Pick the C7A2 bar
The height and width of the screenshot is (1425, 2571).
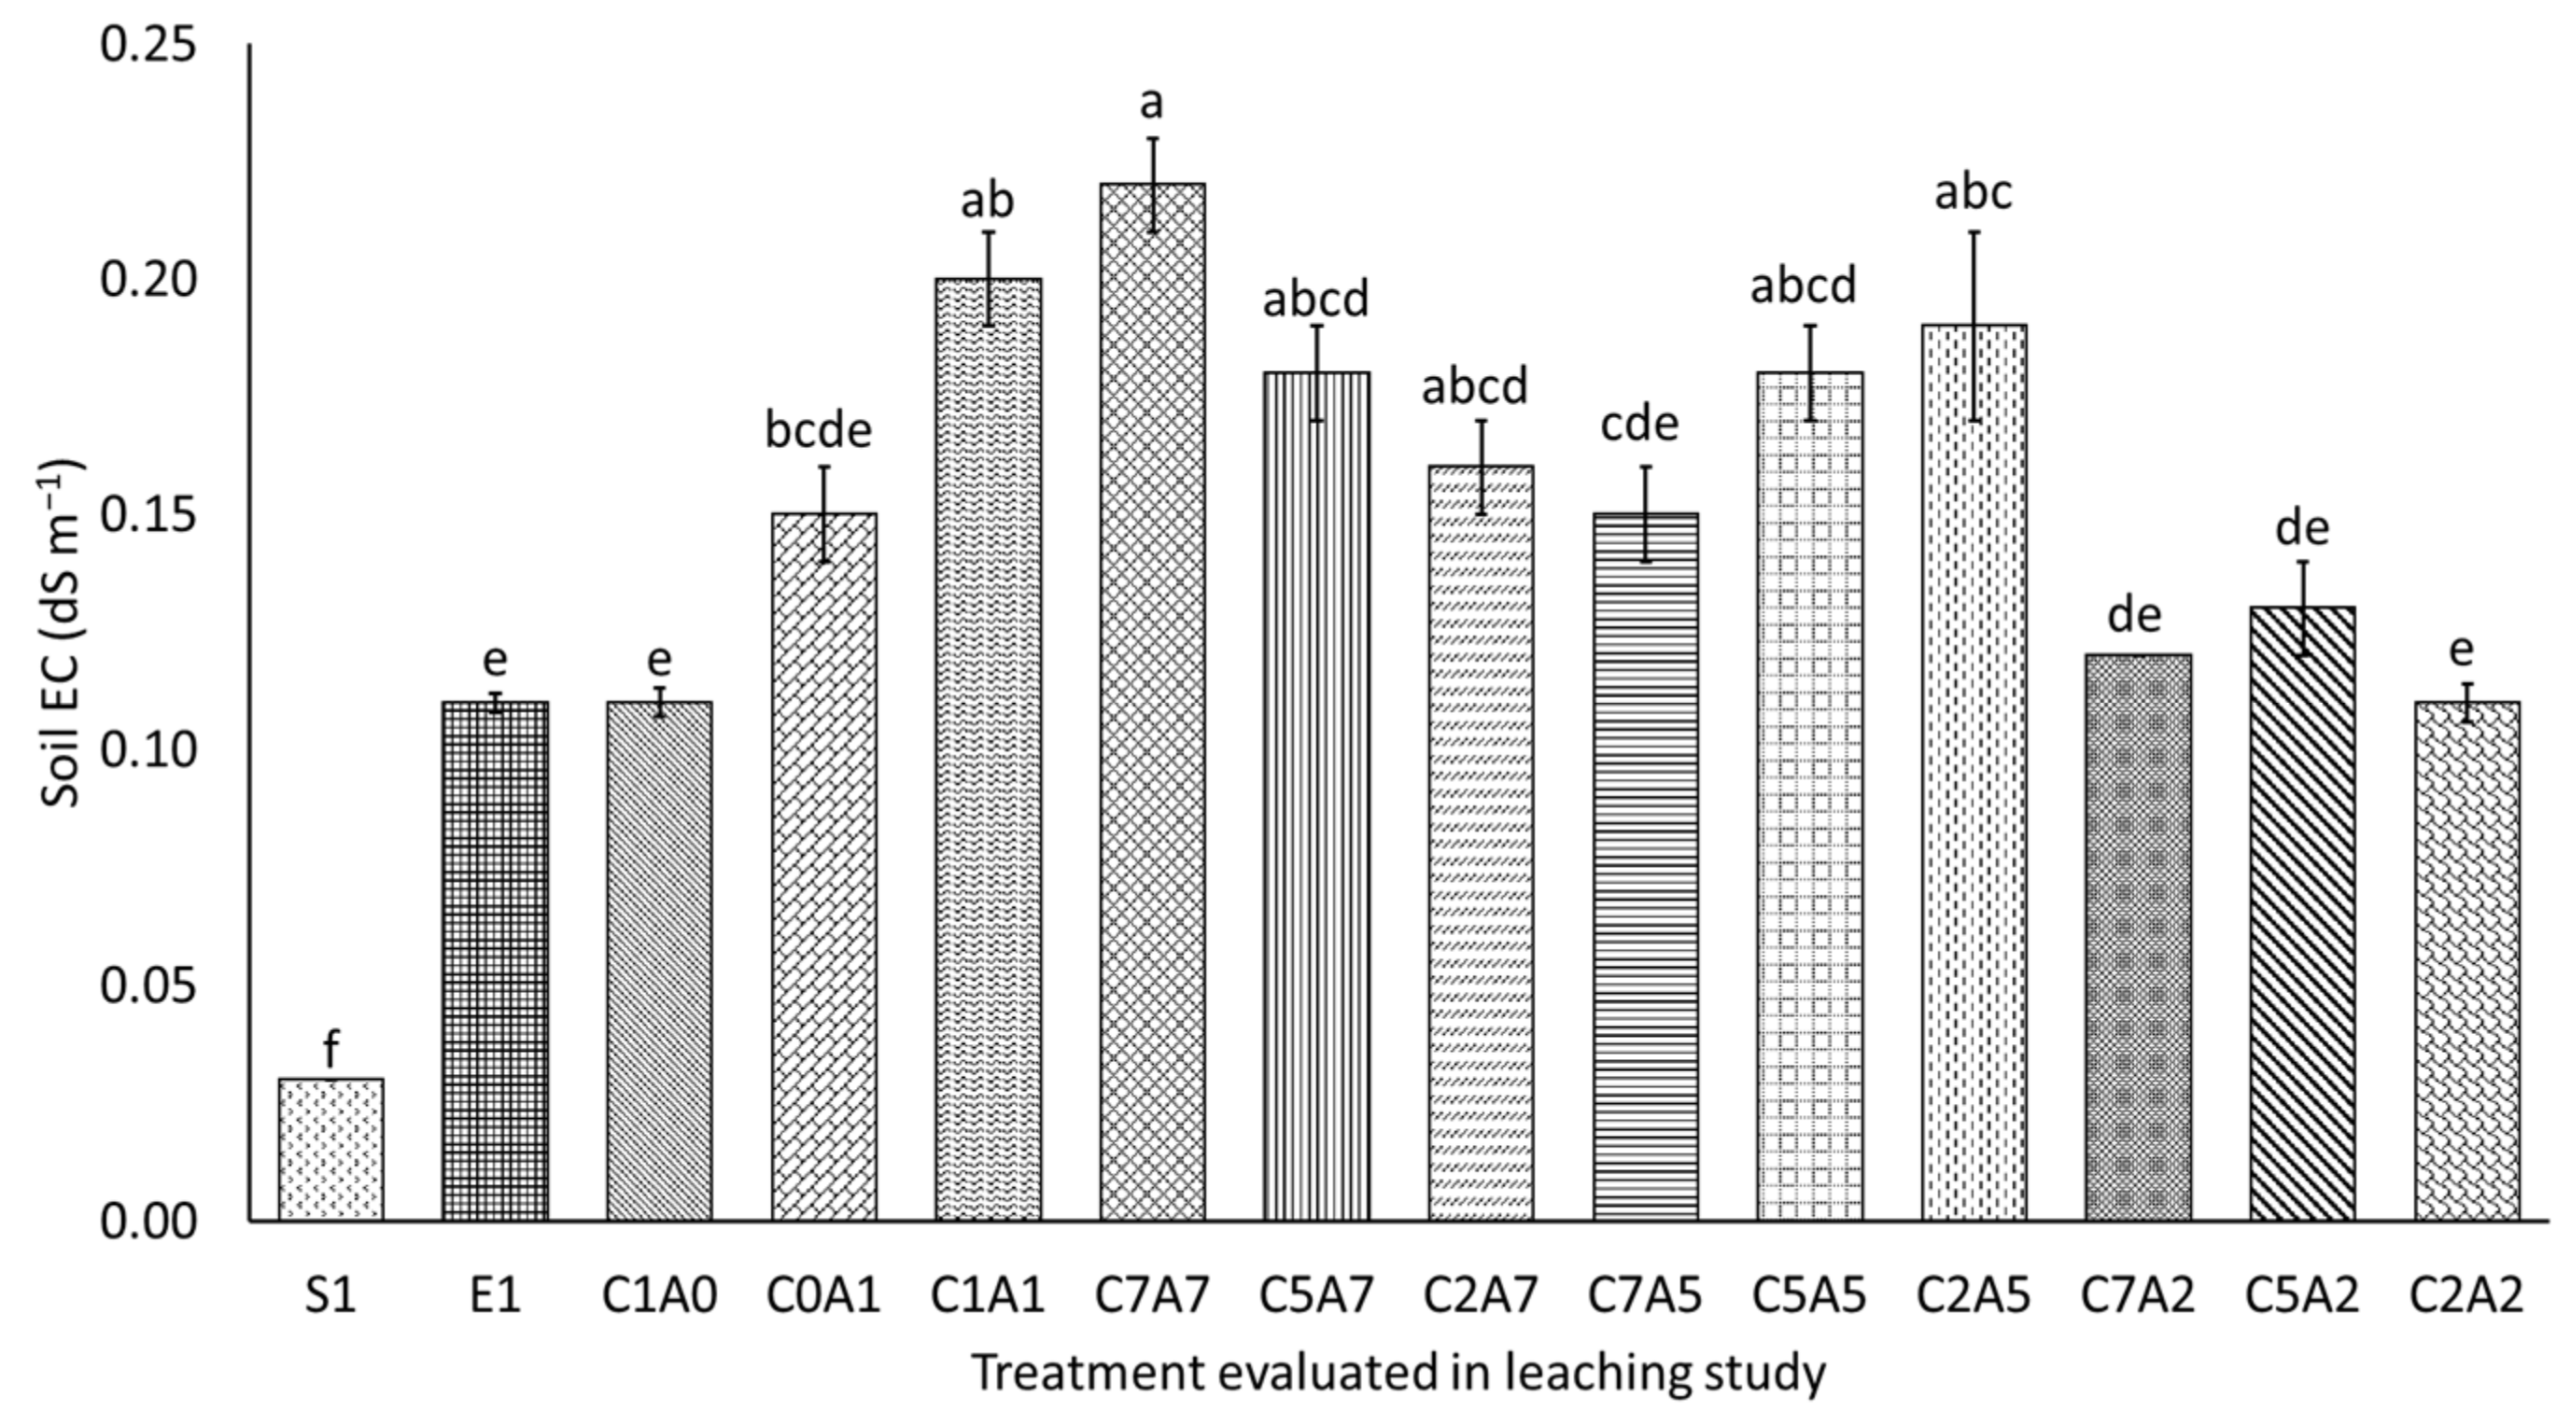(2138, 937)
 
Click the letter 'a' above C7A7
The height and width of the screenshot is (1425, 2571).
(1152, 102)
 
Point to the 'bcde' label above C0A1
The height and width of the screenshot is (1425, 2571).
(819, 430)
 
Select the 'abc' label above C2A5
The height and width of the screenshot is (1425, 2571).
(1974, 192)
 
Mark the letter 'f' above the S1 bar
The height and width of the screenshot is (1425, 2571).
(330, 1050)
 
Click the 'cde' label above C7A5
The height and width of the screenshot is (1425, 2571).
(1640, 424)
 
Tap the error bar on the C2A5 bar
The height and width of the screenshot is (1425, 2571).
(1974, 326)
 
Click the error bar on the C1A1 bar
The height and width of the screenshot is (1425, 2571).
(988, 278)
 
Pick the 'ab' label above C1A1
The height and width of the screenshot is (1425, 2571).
(987, 201)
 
